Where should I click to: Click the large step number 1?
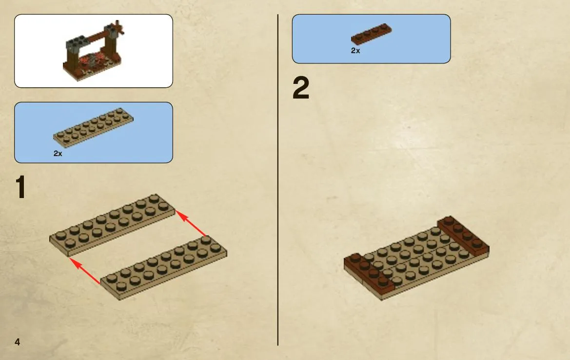[x=20, y=187]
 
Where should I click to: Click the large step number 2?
[x=301, y=88]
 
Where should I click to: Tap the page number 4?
[x=17, y=341]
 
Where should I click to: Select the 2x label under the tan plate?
[x=58, y=154]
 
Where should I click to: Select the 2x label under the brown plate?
[x=355, y=51]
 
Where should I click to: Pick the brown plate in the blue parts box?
[x=371, y=34]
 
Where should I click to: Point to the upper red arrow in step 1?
[x=191, y=223]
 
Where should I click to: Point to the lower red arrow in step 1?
[x=85, y=271]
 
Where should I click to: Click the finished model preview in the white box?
[x=94, y=50]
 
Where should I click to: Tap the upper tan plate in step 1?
[x=112, y=224]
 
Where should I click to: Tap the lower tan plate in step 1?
[x=163, y=267]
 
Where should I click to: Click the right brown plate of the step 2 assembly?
[x=463, y=236]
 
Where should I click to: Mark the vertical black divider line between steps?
[x=278, y=180]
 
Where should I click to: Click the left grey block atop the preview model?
[x=76, y=43]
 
